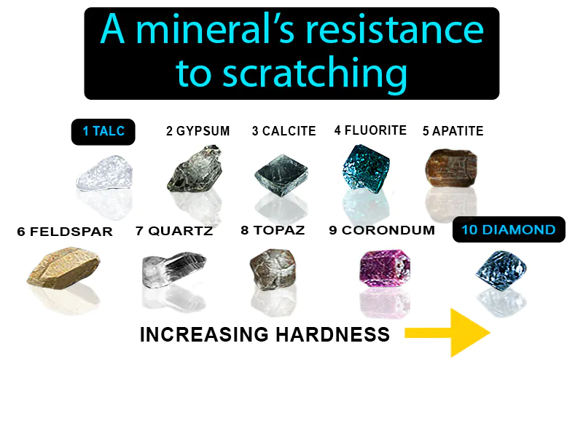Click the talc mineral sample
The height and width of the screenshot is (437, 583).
103,176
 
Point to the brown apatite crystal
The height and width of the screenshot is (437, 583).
450,168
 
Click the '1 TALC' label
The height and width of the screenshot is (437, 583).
103,132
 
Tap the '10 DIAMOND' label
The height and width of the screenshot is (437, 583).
508,230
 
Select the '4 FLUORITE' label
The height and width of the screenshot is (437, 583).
370,130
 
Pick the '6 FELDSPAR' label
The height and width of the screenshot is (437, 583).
65,232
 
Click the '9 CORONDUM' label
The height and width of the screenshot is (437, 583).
381,230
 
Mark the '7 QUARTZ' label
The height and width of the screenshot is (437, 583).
174,231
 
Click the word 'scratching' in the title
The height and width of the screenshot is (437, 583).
313,73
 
